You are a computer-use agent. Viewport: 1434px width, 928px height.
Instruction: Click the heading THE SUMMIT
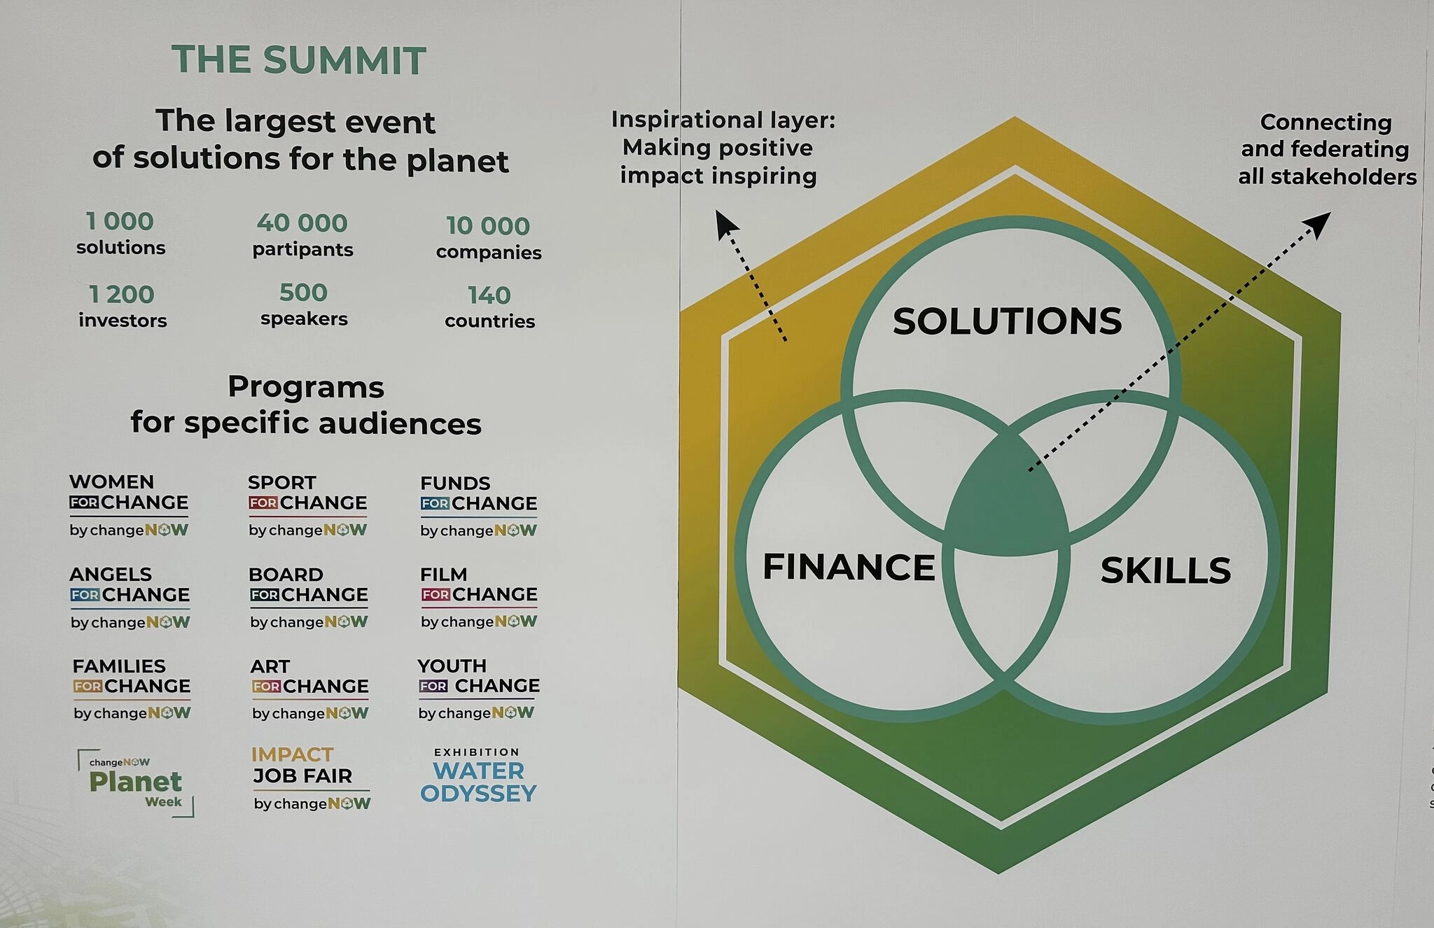299,59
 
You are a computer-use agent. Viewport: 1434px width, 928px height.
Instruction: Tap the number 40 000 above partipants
302,223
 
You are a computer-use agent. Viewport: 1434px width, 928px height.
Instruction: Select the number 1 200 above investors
121,295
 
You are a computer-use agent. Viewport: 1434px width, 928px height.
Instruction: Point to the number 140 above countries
489,295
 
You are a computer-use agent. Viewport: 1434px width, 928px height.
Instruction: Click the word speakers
304,319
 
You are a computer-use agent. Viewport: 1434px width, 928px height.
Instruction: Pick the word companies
489,252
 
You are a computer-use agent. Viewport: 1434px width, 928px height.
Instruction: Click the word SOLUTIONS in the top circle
1007,321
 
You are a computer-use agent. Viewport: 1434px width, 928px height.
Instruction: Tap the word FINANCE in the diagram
849,567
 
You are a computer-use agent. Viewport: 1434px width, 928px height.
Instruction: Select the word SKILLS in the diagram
1166,570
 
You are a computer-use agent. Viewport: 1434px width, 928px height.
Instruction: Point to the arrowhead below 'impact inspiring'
725,225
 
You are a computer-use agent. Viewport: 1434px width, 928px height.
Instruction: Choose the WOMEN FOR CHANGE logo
129,505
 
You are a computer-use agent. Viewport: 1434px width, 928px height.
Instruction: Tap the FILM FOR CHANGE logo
479,598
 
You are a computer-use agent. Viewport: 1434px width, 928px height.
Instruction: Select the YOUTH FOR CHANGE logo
478,689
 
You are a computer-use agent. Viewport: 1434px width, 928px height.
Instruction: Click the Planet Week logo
136,782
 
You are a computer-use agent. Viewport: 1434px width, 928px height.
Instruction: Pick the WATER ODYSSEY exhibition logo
478,776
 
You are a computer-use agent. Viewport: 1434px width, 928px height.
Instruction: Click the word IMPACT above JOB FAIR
293,754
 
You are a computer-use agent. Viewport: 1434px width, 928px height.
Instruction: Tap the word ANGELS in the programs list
111,575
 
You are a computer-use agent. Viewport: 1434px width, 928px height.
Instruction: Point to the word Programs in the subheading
306,388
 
